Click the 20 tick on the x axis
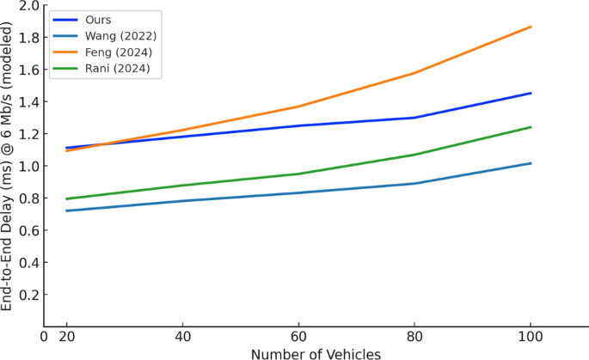[x=66, y=336]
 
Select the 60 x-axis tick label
[x=298, y=336]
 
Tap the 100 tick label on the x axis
[x=531, y=336]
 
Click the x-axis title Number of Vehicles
[x=316, y=352]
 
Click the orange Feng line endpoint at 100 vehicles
[x=531, y=27]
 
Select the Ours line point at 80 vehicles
[x=414, y=118]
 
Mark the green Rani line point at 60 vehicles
[x=298, y=174]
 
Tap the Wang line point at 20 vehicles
[x=66, y=211]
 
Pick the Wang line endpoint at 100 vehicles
[x=531, y=163]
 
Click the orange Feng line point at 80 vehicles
[x=414, y=73]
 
